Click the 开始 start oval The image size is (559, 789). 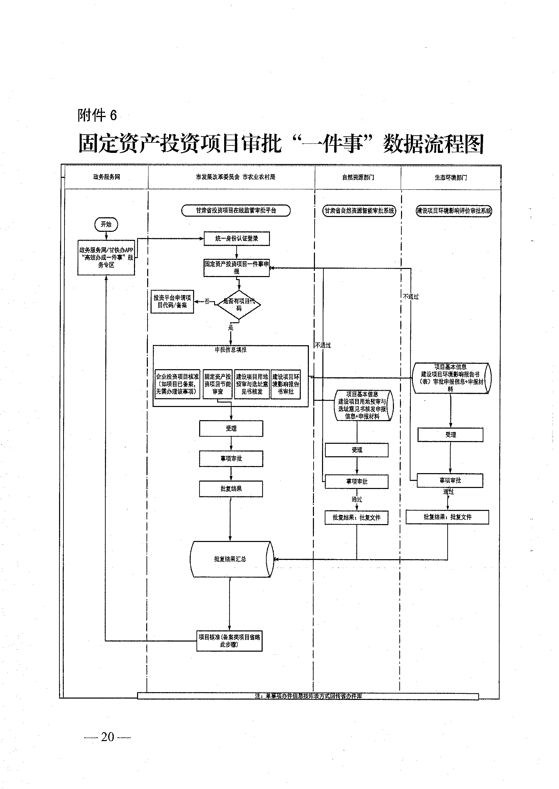[x=106, y=224]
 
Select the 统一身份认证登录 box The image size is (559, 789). [x=237, y=239]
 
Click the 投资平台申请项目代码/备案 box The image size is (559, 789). [x=172, y=301]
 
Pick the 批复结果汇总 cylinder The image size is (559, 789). [x=231, y=559]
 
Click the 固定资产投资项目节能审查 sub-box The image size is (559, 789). [x=217, y=384]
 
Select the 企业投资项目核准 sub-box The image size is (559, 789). [x=177, y=384]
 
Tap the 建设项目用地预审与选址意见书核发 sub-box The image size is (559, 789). [x=252, y=384]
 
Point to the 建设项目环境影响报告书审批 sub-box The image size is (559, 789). [x=286, y=384]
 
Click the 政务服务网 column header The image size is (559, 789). [x=107, y=177]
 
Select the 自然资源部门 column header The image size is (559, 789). [x=358, y=177]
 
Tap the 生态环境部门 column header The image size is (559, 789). [x=451, y=178]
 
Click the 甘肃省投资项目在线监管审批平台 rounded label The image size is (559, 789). [x=236, y=210]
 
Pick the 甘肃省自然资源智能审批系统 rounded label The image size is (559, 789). [x=359, y=211]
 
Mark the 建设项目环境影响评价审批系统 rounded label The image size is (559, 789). [x=454, y=211]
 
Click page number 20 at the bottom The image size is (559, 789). [x=107, y=737]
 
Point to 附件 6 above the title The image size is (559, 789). [x=98, y=115]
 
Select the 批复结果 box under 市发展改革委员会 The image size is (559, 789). [x=231, y=489]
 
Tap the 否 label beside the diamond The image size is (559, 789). [x=207, y=301]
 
